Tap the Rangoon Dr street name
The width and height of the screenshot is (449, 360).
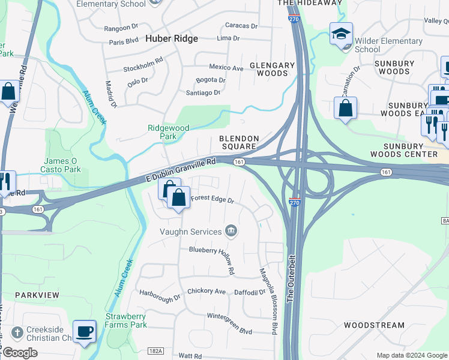click(121, 28)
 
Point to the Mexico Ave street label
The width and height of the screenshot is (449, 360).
click(226, 68)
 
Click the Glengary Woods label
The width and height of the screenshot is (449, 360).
click(272, 69)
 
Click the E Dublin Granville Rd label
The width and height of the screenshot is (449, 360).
click(181, 170)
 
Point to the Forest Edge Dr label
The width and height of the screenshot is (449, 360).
click(212, 199)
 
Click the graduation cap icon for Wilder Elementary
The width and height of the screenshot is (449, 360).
click(341, 34)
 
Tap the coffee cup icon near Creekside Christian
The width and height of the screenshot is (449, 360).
click(84, 331)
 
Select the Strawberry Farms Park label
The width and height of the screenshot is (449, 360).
click(126, 320)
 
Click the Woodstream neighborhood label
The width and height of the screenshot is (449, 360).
click(374, 325)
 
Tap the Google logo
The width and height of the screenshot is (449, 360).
click(20, 353)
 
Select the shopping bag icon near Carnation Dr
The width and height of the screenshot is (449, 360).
click(345, 109)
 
